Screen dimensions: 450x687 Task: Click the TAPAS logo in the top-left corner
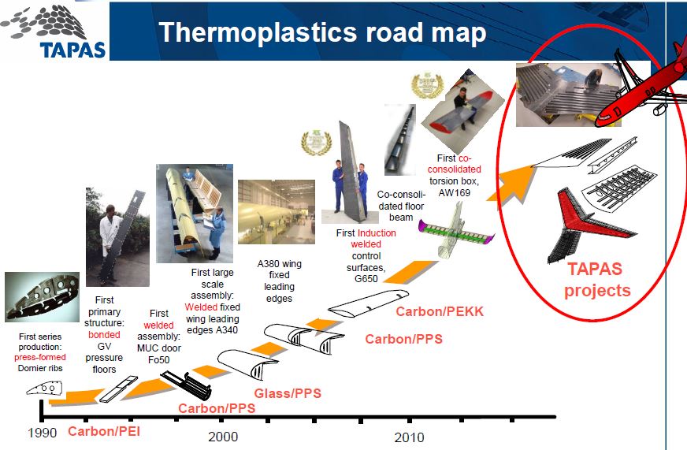pos(53,31)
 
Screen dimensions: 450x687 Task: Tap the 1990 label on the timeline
pos(42,432)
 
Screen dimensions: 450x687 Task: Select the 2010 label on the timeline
pos(409,437)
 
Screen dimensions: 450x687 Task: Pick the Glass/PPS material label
pos(288,393)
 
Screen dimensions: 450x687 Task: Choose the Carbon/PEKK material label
pos(440,311)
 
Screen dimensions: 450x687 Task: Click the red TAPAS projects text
pos(599,279)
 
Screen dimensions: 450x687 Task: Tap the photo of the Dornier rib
pos(42,296)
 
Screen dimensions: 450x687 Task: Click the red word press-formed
pos(39,357)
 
